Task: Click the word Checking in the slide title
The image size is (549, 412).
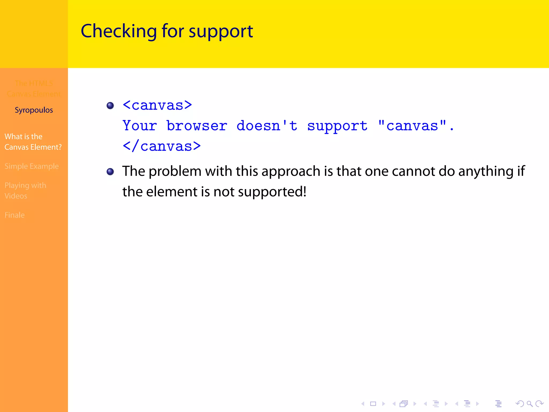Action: (x=118, y=31)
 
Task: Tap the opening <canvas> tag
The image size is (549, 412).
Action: (x=157, y=105)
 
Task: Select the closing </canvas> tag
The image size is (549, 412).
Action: (x=162, y=146)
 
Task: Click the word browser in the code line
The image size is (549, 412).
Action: (x=197, y=126)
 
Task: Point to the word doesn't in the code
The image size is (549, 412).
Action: (x=267, y=126)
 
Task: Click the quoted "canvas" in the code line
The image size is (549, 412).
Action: (x=412, y=126)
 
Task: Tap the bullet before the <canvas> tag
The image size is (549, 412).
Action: (x=110, y=105)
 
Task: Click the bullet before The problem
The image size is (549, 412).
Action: (x=110, y=171)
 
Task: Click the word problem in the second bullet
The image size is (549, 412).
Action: (x=175, y=171)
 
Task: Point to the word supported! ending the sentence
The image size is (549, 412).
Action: (x=272, y=192)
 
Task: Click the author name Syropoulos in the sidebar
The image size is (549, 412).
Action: (x=34, y=110)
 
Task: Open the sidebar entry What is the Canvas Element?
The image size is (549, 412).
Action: (x=33, y=142)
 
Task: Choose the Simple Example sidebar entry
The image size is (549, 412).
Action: (x=31, y=166)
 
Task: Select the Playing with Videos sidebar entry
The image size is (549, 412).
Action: (x=25, y=191)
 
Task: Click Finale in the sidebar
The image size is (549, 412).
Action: (x=14, y=215)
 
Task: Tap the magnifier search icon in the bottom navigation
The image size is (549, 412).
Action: (x=529, y=404)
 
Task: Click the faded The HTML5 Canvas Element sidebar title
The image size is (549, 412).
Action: (x=34, y=89)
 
